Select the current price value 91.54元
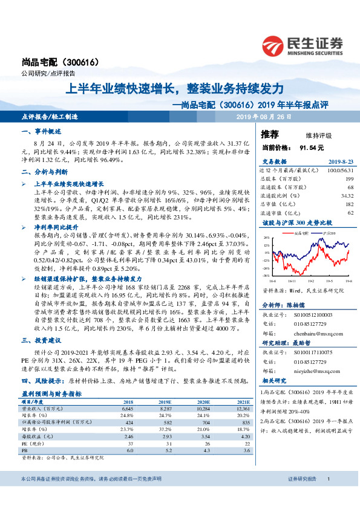[x=312, y=147]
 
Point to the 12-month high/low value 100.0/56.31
[x=340, y=170]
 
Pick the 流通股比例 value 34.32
[x=347, y=196]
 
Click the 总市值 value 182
[x=349, y=204]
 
